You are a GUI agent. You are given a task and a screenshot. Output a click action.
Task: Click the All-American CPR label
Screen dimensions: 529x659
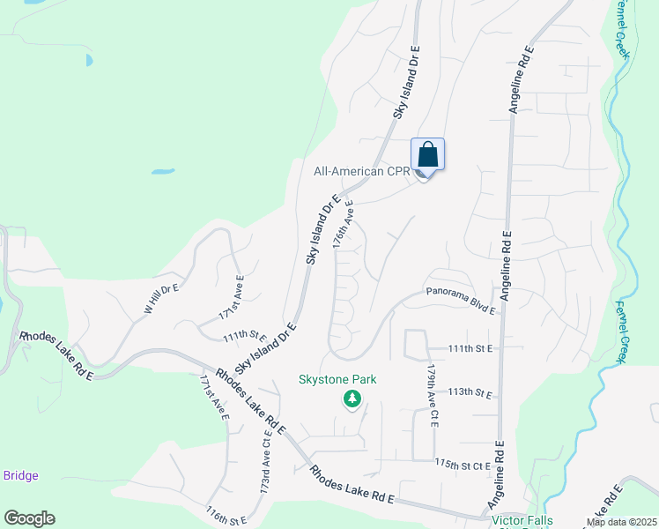[361, 171]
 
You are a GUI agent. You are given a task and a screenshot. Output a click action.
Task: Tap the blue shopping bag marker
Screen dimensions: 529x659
[428, 155]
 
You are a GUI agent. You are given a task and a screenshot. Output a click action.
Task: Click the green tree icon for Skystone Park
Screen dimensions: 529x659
[352, 399]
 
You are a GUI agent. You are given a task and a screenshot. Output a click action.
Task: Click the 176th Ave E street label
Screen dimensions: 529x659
[344, 227]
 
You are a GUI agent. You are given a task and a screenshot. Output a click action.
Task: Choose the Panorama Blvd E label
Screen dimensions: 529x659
[462, 300]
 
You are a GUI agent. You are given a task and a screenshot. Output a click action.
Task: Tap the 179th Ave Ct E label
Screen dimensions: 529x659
[432, 396]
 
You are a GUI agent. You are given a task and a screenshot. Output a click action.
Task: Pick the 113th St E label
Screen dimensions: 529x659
[470, 391]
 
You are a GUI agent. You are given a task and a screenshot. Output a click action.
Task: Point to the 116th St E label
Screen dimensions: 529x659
[226, 516]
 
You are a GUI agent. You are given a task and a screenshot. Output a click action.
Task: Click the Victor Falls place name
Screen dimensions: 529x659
[522, 520]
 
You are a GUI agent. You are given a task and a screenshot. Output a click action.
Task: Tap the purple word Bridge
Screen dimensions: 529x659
[20, 476]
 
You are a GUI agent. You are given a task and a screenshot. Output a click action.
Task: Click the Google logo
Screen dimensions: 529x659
[29, 518]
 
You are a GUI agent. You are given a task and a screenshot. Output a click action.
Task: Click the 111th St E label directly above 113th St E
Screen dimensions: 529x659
[470, 348]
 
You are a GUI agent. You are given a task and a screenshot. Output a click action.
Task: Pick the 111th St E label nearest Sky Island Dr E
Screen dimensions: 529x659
[245, 336]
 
